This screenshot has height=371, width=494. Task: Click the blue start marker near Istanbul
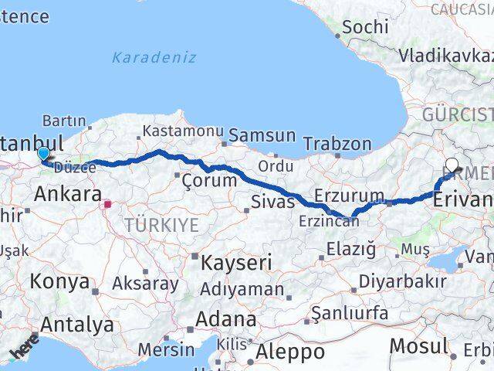pyautogui.click(x=42, y=155)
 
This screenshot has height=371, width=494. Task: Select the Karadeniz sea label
pyautogui.click(x=154, y=57)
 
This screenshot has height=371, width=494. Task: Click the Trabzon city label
pyautogui.click(x=337, y=143)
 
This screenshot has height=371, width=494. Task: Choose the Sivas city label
pyautogui.click(x=273, y=202)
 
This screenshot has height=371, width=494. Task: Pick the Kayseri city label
pyautogui.click(x=236, y=263)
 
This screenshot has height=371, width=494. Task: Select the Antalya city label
pyautogui.click(x=76, y=325)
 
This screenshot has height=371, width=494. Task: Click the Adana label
pyautogui.click(x=225, y=318)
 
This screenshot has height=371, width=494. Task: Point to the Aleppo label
pyautogui.click(x=289, y=352)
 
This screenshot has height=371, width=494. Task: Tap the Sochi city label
pyautogui.click(x=364, y=26)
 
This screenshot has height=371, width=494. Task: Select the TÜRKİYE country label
pyautogui.click(x=162, y=226)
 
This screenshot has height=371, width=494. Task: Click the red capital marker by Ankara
pyautogui.click(x=108, y=205)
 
